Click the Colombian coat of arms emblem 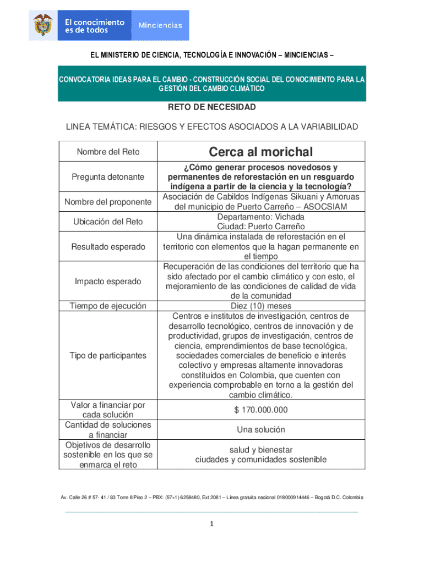coord(43,25)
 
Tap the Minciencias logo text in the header coord(160,25)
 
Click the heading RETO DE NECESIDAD coord(212,107)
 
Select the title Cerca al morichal coord(260,152)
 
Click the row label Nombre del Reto coord(108,152)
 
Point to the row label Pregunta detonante coord(108,177)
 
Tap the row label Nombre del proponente coord(108,202)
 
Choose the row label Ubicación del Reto coord(108,222)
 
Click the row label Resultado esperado coord(108,247)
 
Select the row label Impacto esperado coord(108,281)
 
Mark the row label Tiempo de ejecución coord(108,306)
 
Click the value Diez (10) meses coord(260,306)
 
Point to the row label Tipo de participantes coord(108,355)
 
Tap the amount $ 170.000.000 coord(260,410)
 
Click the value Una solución coord(260,429)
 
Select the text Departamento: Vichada coord(260,217)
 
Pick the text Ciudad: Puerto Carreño coord(260,227)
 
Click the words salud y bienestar coord(260,450)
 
